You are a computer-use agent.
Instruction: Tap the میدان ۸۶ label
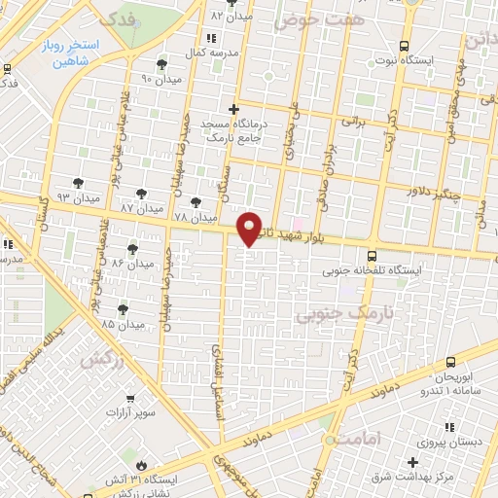pos(132,264)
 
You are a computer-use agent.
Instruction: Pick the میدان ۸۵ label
pos(122,323)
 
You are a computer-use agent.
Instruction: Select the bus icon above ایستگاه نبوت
pos(404,45)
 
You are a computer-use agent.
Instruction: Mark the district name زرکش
pos(105,359)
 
